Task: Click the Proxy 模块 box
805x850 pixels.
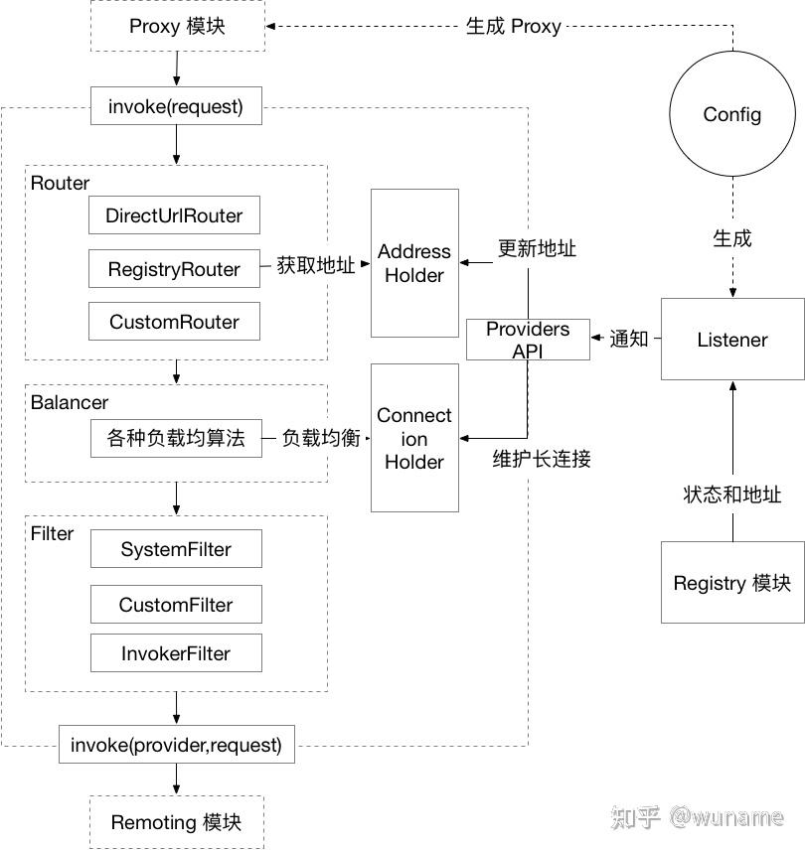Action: pos(177,26)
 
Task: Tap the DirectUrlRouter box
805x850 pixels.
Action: pos(174,214)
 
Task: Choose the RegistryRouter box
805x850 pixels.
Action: pos(174,269)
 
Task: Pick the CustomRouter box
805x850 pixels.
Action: pos(174,322)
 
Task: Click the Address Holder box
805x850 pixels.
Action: pos(414,263)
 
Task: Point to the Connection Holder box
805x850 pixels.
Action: pos(414,438)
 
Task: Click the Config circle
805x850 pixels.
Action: pos(732,114)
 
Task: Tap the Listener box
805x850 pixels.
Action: pos(732,340)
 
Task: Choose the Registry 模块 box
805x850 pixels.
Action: pos(732,583)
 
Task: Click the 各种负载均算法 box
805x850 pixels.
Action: pos(176,438)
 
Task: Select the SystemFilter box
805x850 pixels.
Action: pos(176,549)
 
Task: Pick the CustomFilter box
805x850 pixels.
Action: pos(176,605)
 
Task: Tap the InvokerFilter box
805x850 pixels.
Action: pos(176,653)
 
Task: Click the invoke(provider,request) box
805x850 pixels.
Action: pos(176,744)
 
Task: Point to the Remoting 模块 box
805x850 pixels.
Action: pos(176,822)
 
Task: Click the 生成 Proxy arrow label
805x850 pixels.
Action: pos(513,27)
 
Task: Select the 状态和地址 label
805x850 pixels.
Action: pos(732,495)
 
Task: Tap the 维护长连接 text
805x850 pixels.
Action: pos(542,460)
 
